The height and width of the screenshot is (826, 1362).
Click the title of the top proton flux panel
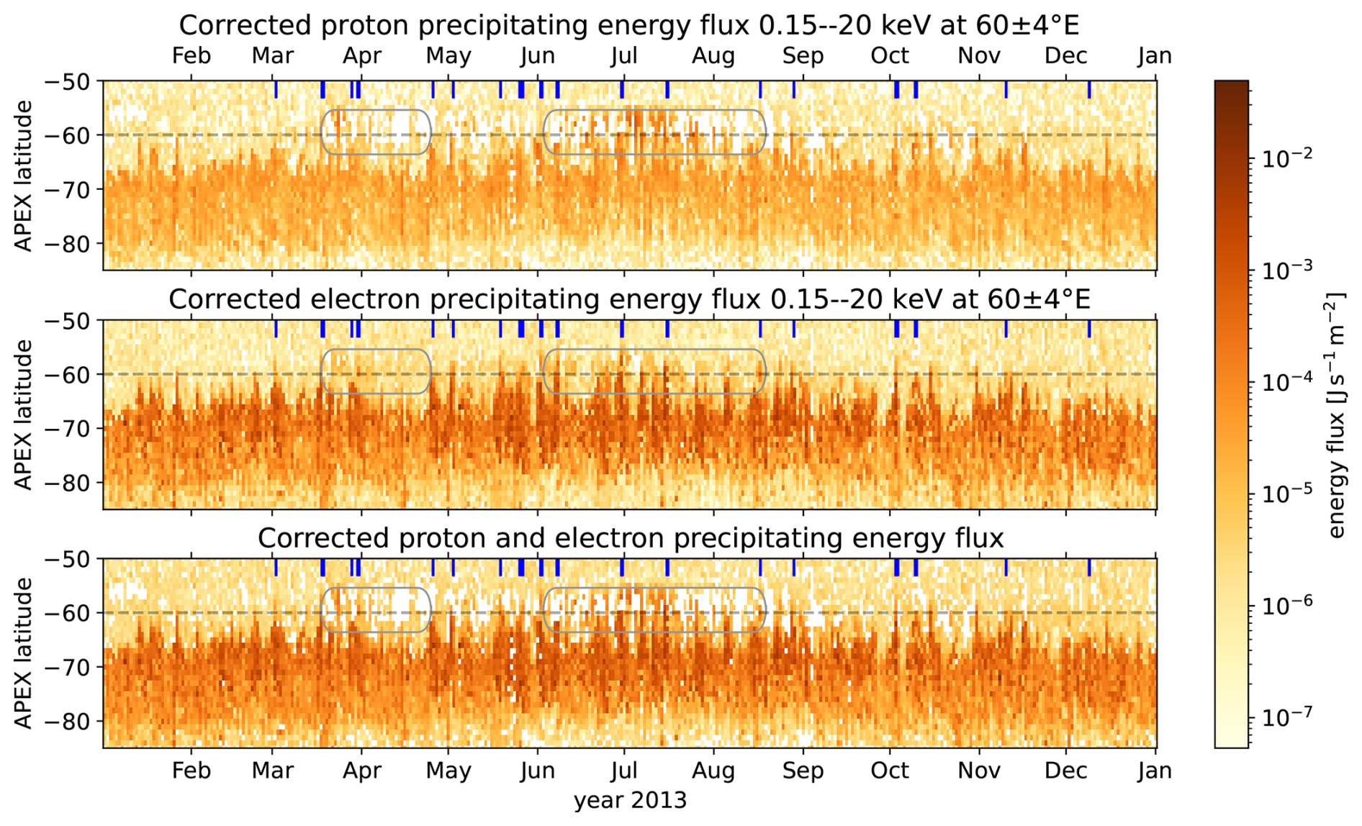[x=628, y=26]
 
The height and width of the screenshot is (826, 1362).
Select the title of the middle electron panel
[x=629, y=299]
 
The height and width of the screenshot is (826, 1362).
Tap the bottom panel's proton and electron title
[x=631, y=537]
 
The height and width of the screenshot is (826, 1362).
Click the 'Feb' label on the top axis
[x=191, y=56]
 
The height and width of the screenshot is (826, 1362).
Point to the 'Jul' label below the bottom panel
[x=623, y=771]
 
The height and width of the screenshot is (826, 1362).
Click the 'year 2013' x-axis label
[x=630, y=800]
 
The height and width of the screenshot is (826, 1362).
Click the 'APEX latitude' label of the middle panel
[x=24, y=415]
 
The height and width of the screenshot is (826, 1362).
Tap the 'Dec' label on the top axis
[x=1066, y=56]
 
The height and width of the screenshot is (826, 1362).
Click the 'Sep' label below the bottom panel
[x=803, y=771]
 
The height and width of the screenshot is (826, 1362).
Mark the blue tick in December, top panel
[x=1089, y=90]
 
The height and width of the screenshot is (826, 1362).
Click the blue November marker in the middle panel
[x=1006, y=329]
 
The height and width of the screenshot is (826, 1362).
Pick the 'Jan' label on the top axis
[x=1155, y=56]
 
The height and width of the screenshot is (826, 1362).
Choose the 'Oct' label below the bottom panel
[x=890, y=771]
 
